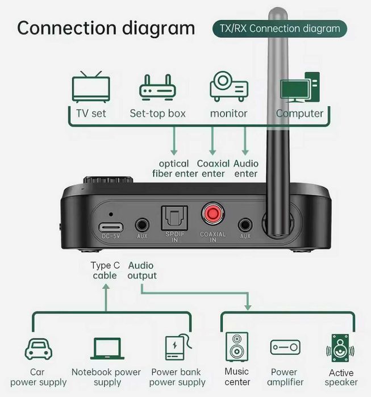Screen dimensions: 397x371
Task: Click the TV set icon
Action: coord(91,87)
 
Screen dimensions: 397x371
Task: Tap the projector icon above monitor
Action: coord(228,87)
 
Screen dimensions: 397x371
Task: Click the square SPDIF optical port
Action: coord(171,216)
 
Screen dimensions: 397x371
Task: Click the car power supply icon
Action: coord(39,348)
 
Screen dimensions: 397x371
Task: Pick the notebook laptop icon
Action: coord(106,349)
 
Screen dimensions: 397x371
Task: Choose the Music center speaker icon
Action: coord(236,346)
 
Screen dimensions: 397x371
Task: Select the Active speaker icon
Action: coord(340,348)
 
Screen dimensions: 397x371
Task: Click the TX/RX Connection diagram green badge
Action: coord(280,28)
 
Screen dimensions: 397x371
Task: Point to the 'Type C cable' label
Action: coord(105,270)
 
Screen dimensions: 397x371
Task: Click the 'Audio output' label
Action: coord(141,270)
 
